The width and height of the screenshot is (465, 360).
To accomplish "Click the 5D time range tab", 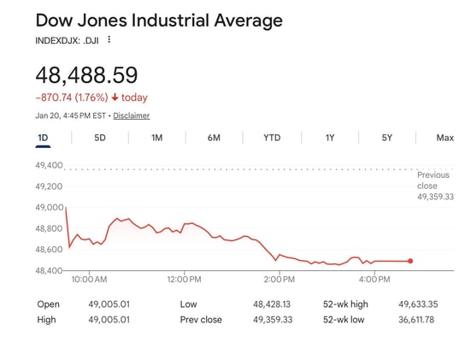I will point(100,138).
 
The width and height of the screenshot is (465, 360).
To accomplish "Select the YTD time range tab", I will point(272,138).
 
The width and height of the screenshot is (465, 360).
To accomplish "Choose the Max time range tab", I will point(444,138).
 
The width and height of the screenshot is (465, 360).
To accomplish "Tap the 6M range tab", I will point(214,138).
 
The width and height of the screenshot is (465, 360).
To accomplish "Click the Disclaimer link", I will point(131,115).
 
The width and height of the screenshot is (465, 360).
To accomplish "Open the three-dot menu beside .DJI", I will point(109,40).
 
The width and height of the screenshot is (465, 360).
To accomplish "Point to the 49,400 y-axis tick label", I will point(50,165).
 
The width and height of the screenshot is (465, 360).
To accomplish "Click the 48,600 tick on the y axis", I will point(50,250).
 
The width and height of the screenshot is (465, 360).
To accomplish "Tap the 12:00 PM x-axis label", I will point(184,280).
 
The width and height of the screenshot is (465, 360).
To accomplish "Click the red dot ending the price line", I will point(411,261).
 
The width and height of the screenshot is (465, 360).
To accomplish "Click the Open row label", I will point(49,304).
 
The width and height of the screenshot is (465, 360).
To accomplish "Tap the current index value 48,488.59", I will point(86,75).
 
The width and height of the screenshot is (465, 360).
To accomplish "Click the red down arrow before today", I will point(115,97).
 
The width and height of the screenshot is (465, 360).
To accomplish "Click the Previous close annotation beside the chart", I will point(434,186).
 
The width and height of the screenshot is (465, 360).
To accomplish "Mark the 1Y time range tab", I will point(330,138).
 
